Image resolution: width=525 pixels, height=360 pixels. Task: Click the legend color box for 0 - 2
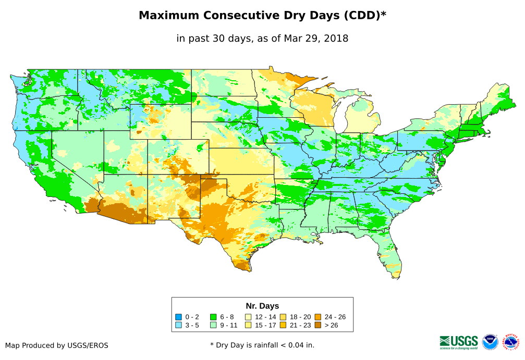[178, 317]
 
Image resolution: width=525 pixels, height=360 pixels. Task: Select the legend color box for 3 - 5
[178, 325]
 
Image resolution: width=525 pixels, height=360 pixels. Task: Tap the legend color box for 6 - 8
[213, 317]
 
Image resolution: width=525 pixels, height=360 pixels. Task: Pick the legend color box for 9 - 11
[213, 325]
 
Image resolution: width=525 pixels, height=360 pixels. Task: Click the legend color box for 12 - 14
[249, 317]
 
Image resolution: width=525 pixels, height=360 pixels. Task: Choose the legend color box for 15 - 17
[249, 325]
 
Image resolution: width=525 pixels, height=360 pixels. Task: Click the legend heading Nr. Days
[262, 306]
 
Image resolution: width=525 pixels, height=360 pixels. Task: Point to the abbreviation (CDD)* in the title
[364, 16]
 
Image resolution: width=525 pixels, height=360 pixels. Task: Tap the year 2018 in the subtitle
[336, 38]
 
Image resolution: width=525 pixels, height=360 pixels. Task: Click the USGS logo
[459, 342]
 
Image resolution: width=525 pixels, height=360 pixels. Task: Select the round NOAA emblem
[490, 342]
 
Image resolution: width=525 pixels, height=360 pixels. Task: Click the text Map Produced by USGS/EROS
[57, 345]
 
